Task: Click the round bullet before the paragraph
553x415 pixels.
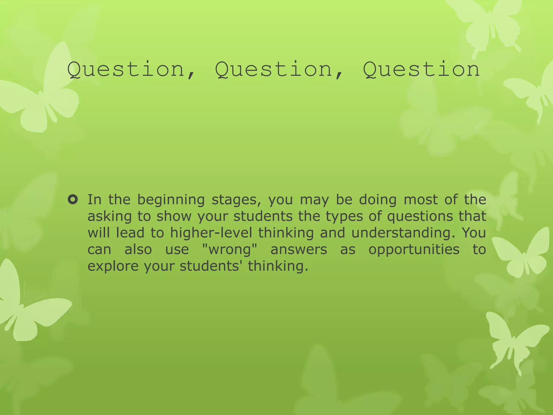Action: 73,200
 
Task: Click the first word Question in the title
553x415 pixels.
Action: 126,69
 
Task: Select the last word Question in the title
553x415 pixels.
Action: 421,69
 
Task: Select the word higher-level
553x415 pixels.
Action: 211,233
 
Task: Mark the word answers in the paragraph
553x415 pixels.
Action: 299,249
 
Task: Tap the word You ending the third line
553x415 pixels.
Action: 474,233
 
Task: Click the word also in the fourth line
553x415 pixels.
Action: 138,249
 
